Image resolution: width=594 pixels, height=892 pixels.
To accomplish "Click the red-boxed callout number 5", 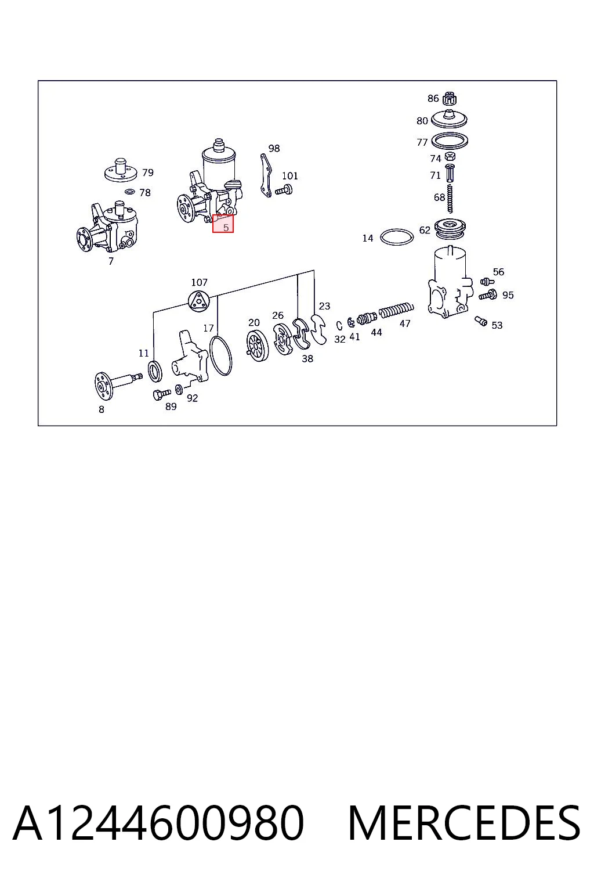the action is tap(226, 228).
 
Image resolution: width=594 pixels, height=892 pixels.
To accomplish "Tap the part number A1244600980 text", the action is tap(158, 823).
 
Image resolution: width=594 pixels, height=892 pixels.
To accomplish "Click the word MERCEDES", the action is tap(464, 823).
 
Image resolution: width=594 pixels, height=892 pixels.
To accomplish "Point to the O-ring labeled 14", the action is tap(397, 237).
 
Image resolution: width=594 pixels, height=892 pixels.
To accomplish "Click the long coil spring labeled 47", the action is tap(396, 310).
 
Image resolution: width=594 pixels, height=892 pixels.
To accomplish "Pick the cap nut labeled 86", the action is tap(449, 98).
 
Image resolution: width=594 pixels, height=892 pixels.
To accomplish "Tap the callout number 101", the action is tap(290, 175).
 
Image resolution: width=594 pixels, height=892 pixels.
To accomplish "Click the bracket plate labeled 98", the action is tap(266, 175).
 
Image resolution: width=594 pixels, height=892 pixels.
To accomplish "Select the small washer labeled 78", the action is tap(130, 192).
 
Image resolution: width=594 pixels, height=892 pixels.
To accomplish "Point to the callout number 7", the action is tap(111, 261).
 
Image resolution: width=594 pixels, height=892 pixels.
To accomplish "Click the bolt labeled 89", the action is tap(161, 394).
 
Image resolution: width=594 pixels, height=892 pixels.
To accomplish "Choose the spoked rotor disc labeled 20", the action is tap(257, 346).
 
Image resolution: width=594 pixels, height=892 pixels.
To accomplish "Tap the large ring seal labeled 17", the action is tap(221, 356).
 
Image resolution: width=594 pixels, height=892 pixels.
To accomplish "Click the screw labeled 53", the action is tap(481, 321).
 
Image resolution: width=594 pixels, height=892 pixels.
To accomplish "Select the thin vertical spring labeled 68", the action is tap(450, 199).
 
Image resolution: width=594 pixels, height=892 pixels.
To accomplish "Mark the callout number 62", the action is tap(425, 230).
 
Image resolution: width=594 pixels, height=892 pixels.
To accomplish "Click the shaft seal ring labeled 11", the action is tap(155, 371).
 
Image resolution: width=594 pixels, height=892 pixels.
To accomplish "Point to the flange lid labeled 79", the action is tap(121, 170).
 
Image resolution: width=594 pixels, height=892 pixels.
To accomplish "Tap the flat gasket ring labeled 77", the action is tap(450, 140).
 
